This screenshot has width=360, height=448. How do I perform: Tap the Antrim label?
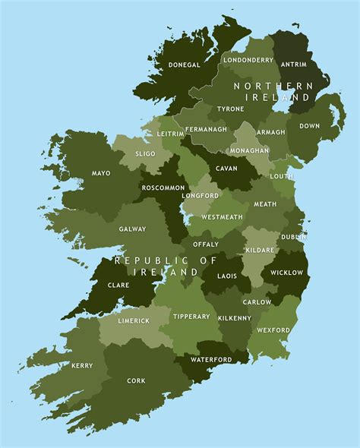pos(293,65)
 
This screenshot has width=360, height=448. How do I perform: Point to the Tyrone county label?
pos(230,109)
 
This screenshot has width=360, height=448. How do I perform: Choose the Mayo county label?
pos(101,173)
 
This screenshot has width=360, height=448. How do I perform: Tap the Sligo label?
pos(145,153)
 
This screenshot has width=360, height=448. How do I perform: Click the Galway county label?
pos(132,229)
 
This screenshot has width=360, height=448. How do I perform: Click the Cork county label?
pos(137,381)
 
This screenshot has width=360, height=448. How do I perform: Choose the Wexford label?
pos(273,330)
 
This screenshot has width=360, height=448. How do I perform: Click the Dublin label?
pos(293,237)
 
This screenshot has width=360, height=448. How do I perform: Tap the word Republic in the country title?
pos(146,260)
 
